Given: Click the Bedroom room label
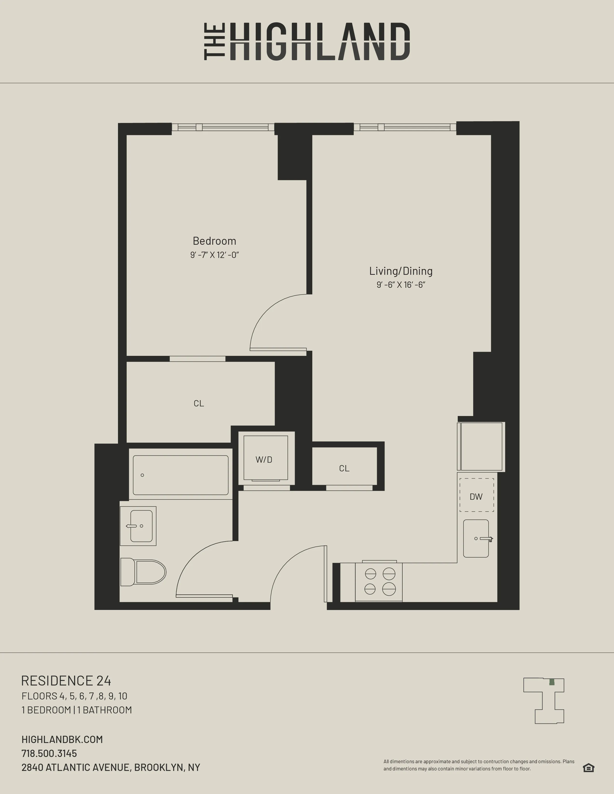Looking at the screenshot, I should (x=214, y=241).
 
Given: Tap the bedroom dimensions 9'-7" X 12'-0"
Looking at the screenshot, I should (x=214, y=255).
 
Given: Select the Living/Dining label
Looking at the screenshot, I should (x=401, y=271).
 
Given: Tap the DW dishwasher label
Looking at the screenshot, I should (x=476, y=497).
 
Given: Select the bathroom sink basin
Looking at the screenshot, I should (x=141, y=526).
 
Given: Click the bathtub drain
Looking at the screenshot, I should (x=142, y=475).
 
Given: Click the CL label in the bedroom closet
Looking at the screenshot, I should (x=199, y=403).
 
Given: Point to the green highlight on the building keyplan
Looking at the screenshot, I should (x=552, y=682).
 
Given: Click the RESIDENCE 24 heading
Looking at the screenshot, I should (x=66, y=681).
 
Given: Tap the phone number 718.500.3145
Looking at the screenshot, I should (x=49, y=753).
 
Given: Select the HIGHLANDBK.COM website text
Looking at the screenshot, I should (x=62, y=739).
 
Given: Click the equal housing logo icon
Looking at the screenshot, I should (x=588, y=768).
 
